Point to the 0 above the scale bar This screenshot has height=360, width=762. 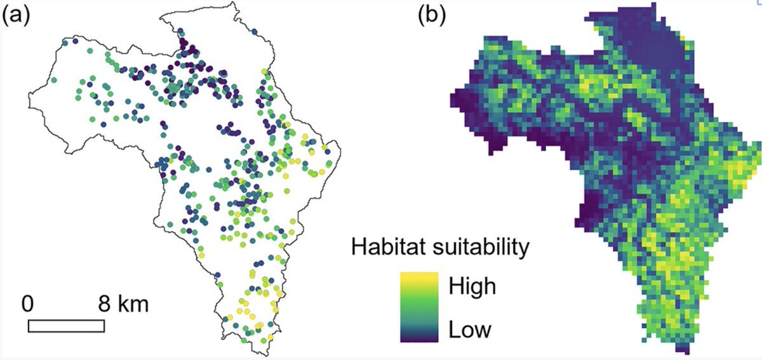click(27, 303)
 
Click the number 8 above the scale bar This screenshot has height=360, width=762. click(104, 303)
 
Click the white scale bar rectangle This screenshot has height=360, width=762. click(66, 325)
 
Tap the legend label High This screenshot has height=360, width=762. click(471, 286)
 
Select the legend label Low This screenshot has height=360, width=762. click(469, 330)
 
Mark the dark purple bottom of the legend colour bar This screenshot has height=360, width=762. click(419, 337)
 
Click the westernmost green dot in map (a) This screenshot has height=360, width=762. click(54, 80)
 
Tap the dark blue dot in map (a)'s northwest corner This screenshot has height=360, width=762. click(75, 42)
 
